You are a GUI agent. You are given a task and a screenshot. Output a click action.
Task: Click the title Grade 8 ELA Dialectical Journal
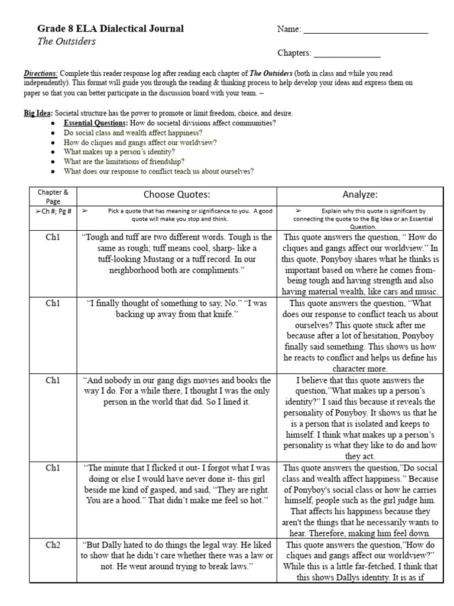[x=111, y=28]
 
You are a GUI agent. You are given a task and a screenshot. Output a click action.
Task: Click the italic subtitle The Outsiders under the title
[x=66, y=41]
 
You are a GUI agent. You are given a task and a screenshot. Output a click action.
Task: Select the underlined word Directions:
[x=41, y=73]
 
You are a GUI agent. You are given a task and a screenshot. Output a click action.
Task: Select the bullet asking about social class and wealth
[x=133, y=133]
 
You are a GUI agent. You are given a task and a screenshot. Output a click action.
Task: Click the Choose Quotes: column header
[x=177, y=195]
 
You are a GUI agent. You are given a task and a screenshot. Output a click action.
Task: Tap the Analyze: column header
[x=360, y=195]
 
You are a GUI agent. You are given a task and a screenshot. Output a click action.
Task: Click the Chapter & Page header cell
[x=53, y=196]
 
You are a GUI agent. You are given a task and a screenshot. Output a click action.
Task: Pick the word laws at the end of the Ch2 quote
[x=243, y=566]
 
